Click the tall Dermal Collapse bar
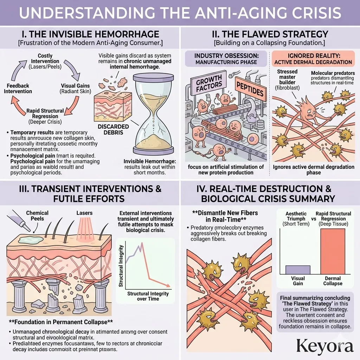(x=333, y=251)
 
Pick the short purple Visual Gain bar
(x=298, y=270)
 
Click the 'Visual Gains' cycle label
(x=76, y=88)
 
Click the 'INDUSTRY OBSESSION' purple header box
(x=226, y=59)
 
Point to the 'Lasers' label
(x=84, y=213)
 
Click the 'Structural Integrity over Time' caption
(x=148, y=296)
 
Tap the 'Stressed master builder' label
(x=287, y=79)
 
